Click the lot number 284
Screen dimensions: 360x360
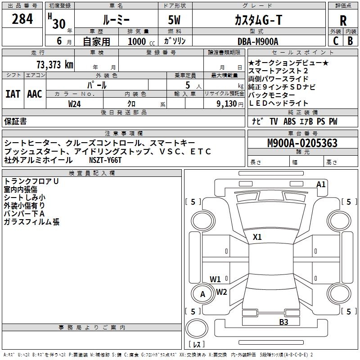tap(22, 19)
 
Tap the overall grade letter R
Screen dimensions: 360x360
tap(343, 21)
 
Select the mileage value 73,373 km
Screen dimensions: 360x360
tap(55, 65)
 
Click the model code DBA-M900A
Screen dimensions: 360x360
tap(258, 41)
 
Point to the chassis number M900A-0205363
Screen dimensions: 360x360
tap(302, 143)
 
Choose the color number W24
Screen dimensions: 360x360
tap(74, 104)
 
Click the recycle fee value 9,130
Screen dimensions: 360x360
tap(227, 104)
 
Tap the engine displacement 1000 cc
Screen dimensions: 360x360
tap(141, 41)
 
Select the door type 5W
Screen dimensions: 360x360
tap(174, 20)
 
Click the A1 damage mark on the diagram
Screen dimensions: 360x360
tap(321, 184)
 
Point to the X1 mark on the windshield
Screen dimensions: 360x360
tap(257, 237)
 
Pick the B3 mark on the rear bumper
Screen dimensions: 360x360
tap(283, 322)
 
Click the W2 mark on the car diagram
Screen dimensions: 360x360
tap(221, 292)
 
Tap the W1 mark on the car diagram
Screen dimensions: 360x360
tap(215, 279)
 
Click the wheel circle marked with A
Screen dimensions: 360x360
tap(203, 294)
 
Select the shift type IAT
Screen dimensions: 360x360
tap(13, 94)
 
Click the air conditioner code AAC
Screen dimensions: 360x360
tap(35, 94)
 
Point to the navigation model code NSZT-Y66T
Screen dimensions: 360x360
tap(105, 160)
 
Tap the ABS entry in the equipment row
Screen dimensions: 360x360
tap(289, 121)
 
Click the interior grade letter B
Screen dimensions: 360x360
tap(350, 41)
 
